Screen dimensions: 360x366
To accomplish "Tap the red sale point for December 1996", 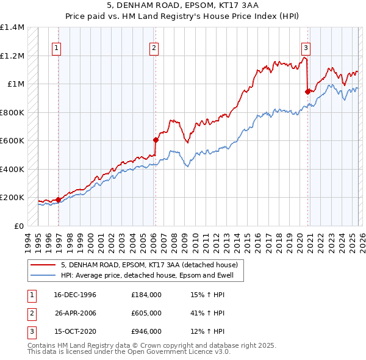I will (59, 200).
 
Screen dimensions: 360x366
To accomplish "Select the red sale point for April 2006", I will (156, 140).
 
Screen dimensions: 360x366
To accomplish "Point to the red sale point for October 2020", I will (307, 92).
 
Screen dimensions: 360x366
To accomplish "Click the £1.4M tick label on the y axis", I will (12, 27).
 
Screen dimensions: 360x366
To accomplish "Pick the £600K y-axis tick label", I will (12, 141).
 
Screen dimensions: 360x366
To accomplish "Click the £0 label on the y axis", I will (19, 226).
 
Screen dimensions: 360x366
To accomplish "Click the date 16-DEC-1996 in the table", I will (75, 295).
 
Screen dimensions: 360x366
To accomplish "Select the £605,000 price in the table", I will (146, 313).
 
